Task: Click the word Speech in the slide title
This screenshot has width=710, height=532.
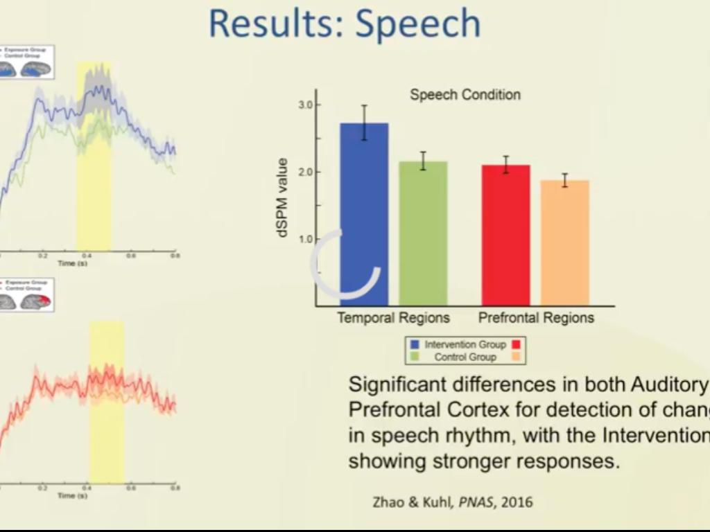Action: point(418,24)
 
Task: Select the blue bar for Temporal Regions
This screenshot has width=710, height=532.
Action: point(364,215)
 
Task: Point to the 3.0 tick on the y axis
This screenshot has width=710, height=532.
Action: point(305,105)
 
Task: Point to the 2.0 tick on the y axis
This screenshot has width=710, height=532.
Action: point(305,172)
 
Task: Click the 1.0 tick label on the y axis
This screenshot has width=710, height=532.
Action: point(305,240)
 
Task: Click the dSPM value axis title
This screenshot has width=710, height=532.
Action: point(282,198)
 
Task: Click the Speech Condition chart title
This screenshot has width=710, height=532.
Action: point(465,95)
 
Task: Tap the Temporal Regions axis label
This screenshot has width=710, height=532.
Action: point(393,318)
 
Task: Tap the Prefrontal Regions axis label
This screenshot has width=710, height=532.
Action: point(536,318)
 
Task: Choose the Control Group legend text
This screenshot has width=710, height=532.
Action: point(465,357)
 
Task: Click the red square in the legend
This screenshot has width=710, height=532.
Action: point(517,344)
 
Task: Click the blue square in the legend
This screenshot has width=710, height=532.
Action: point(415,344)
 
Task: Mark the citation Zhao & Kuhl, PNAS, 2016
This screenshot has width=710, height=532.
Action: point(453,502)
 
